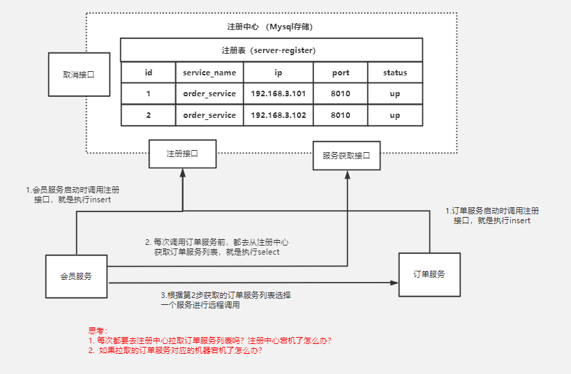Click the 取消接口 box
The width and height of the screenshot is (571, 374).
pyautogui.click(x=80, y=73)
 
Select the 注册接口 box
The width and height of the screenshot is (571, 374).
pyautogui.click(x=182, y=154)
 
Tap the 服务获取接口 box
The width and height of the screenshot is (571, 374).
pyautogui.click(x=347, y=156)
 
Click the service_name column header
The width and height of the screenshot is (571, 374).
pyautogui.click(x=209, y=73)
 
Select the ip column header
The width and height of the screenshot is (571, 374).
pyautogui.click(x=278, y=73)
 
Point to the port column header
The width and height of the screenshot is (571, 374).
pyautogui.click(x=340, y=73)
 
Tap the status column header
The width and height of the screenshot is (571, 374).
pyautogui.click(x=394, y=73)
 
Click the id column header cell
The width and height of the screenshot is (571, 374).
pyautogui.click(x=148, y=73)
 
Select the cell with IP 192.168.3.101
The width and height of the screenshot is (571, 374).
pyautogui.click(x=278, y=93)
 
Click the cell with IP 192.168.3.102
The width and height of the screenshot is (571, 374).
pyautogui.click(x=278, y=115)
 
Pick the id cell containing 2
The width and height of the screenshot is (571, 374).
pyautogui.click(x=148, y=115)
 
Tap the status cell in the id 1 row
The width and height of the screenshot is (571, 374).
pyautogui.click(x=394, y=93)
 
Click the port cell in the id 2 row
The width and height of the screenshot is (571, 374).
pyautogui.click(x=340, y=115)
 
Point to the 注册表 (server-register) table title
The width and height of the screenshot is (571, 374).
pyautogui.click(x=271, y=50)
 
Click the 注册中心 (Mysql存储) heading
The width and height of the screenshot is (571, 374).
pyautogui.click(x=271, y=27)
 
